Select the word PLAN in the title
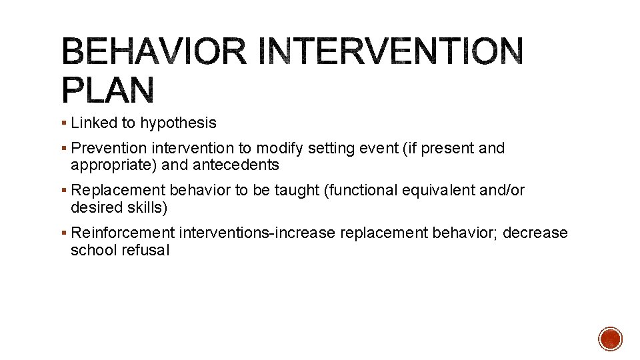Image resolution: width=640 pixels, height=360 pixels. point(109,91)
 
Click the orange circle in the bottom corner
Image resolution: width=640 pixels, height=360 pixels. point(610,339)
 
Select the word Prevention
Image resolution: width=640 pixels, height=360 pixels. point(109,148)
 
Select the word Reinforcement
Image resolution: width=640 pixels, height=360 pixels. point(122,233)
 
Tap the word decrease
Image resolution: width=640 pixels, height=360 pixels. point(535,233)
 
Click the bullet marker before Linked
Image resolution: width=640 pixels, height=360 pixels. point(63,123)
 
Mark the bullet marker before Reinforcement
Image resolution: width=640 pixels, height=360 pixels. point(63,233)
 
